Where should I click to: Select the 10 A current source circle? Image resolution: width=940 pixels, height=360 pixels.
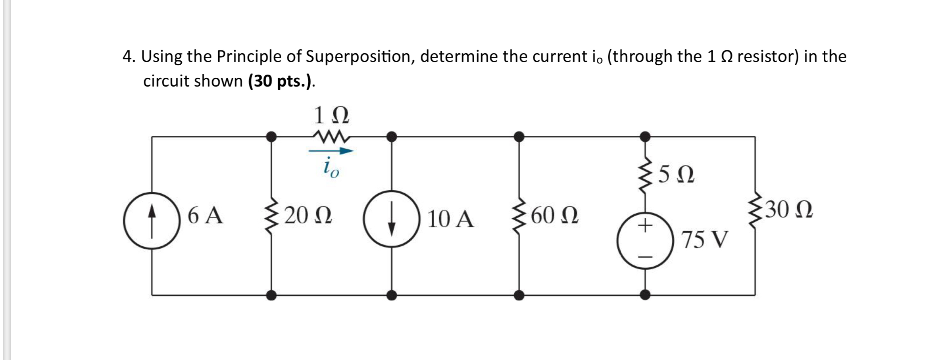(392, 219)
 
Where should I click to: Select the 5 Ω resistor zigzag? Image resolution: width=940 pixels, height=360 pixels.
(646, 175)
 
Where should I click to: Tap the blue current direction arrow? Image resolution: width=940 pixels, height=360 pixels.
(331, 151)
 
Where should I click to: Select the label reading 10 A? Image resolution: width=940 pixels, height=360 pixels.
(450, 219)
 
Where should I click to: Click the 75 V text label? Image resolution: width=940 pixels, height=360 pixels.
(705, 240)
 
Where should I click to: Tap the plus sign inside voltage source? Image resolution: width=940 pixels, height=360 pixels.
(645, 226)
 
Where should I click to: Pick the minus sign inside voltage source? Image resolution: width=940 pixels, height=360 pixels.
(645, 257)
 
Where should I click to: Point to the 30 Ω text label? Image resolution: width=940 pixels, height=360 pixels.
(789, 210)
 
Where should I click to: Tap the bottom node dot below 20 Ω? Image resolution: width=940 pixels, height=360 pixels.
(271, 295)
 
